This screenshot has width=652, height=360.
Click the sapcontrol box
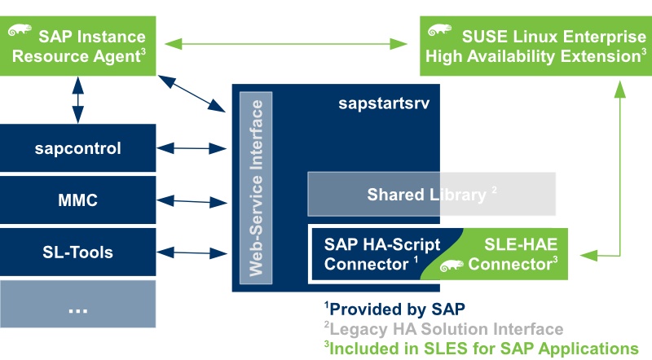(77, 148)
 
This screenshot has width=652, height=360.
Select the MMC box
(77, 200)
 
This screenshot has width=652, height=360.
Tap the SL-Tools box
(77, 252)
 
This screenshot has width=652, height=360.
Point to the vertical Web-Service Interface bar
(256, 187)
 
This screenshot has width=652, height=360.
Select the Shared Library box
(431, 195)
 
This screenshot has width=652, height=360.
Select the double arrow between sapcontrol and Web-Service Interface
(194, 148)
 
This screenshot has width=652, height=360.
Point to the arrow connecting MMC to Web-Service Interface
(194, 200)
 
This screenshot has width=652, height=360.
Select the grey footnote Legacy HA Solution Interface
(443, 329)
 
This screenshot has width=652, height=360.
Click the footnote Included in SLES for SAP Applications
(481, 348)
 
